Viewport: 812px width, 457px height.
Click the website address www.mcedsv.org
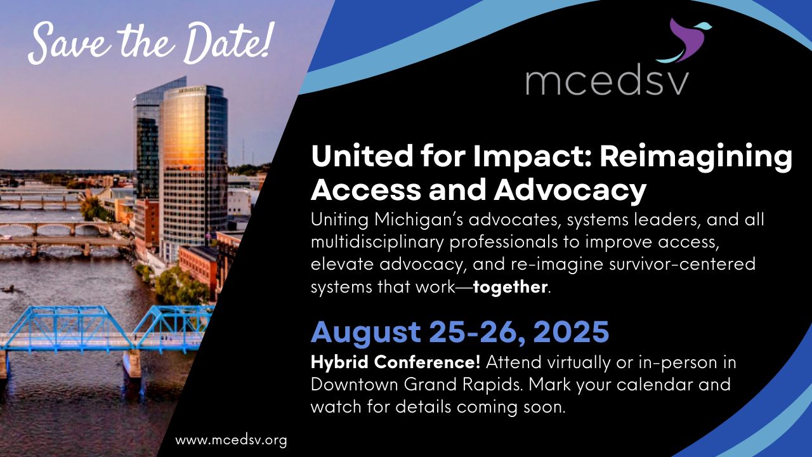point(232,440)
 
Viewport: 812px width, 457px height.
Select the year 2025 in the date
point(572,331)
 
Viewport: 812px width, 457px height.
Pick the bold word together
point(511,286)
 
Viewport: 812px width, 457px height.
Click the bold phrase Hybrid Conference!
point(395,362)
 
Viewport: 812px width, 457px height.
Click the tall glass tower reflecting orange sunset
point(193,167)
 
